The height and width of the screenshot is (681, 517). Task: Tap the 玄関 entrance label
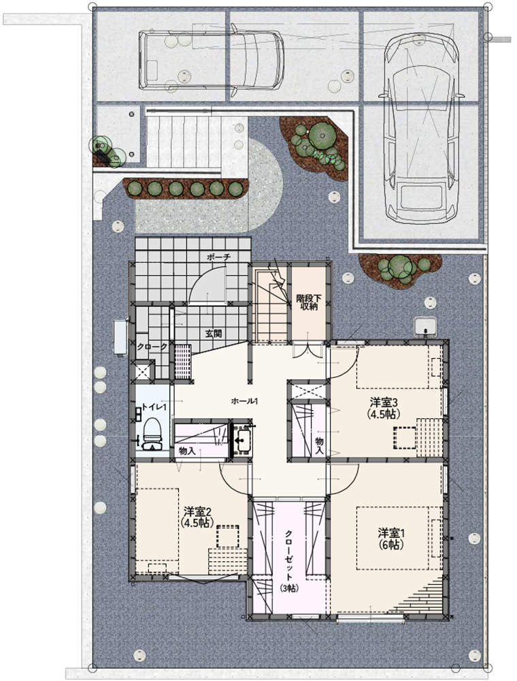pyautogui.click(x=214, y=334)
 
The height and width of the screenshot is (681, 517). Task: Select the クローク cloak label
pyautogui.click(x=152, y=347)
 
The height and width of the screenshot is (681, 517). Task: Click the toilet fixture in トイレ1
pyautogui.click(x=152, y=433)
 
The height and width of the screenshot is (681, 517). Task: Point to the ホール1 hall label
pyautogui.click(x=245, y=401)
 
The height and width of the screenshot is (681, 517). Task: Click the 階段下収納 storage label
pyautogui.click(x=309, y=302)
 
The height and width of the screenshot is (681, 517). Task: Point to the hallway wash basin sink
pyautogui.click(x=241, y=440)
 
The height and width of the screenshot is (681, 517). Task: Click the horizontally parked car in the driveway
pyautogui.click(x=211, y=60)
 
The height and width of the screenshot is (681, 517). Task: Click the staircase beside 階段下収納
pyautogui.click(x=271, y=305)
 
